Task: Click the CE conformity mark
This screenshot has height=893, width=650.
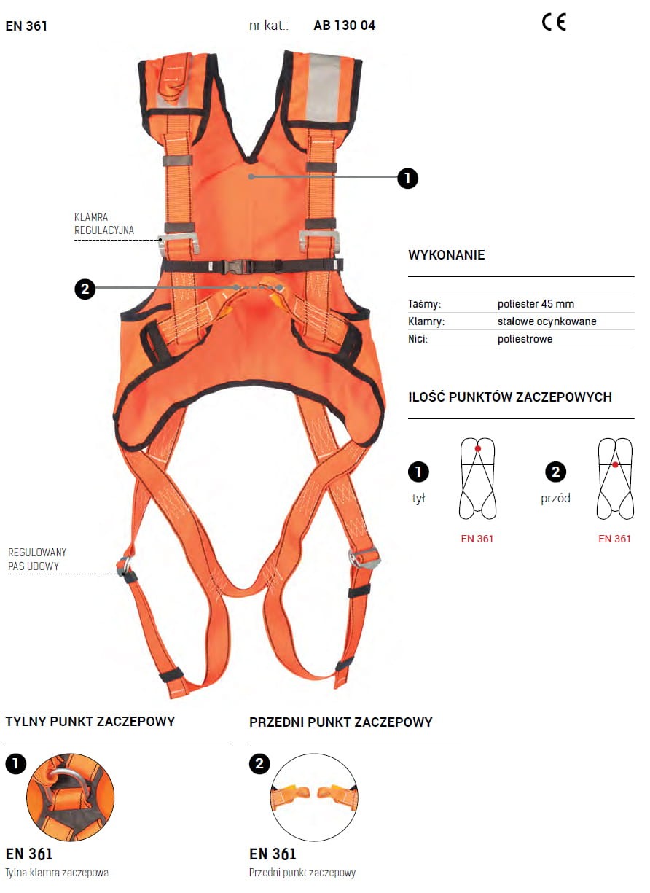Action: coord(554,23)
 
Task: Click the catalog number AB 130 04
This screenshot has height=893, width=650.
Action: coord(345,26)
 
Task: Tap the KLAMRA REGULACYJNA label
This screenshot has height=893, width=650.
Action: coord(104,224)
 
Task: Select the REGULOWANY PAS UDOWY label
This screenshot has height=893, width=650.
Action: coord(37,559)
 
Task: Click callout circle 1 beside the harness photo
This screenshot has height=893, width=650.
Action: coord(408,177)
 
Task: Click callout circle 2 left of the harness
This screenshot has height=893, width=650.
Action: coord(85,289)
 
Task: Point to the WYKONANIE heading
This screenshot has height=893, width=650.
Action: coord(447,255)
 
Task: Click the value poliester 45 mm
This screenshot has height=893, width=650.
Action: coord(536,304)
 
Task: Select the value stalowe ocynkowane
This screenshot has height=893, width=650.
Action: coord(547,321)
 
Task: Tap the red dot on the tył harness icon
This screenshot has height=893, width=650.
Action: coord(478,448)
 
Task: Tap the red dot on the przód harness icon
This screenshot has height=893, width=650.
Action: coord(615,464)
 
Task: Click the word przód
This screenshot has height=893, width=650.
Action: coord(555,499)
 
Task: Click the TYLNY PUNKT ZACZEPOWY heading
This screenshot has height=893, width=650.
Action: coord(90,722)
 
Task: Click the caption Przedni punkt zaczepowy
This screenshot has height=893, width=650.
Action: coord(302,873)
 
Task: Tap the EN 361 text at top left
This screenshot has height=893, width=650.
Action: coord(26,26)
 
